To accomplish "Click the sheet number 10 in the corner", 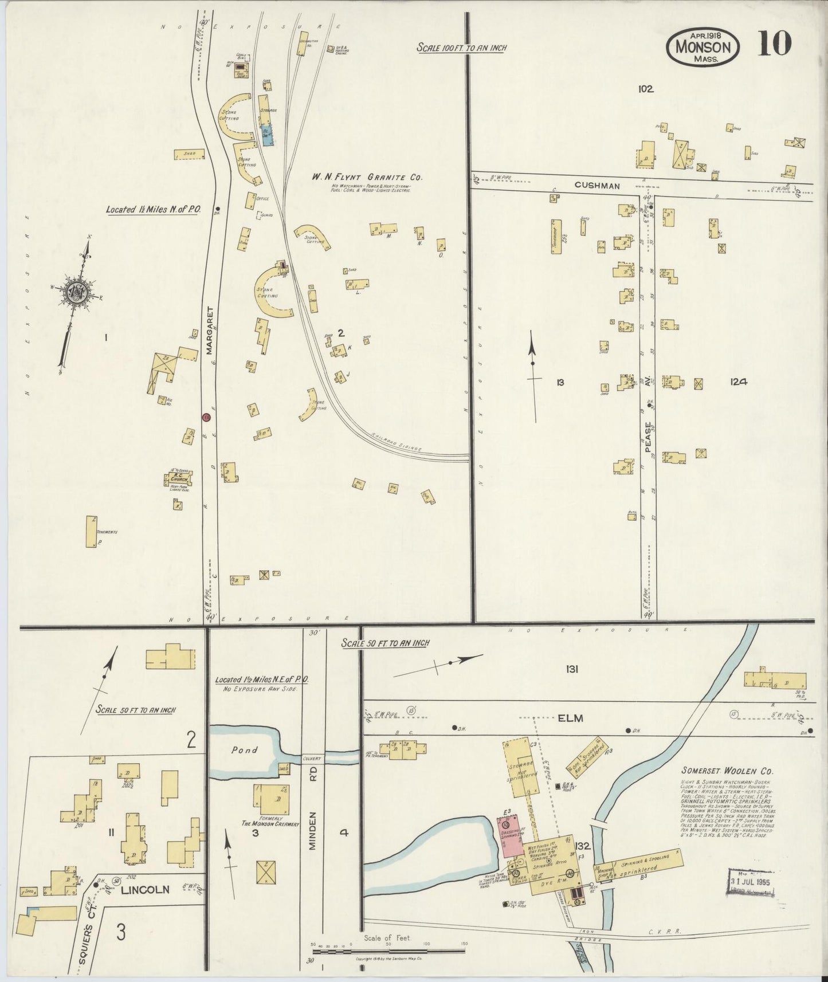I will [775, 44].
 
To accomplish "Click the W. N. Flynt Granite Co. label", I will [367, 177].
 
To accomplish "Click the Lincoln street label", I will [146, 890].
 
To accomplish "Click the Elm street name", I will [571, 718].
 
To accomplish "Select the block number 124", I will [738, 382].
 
